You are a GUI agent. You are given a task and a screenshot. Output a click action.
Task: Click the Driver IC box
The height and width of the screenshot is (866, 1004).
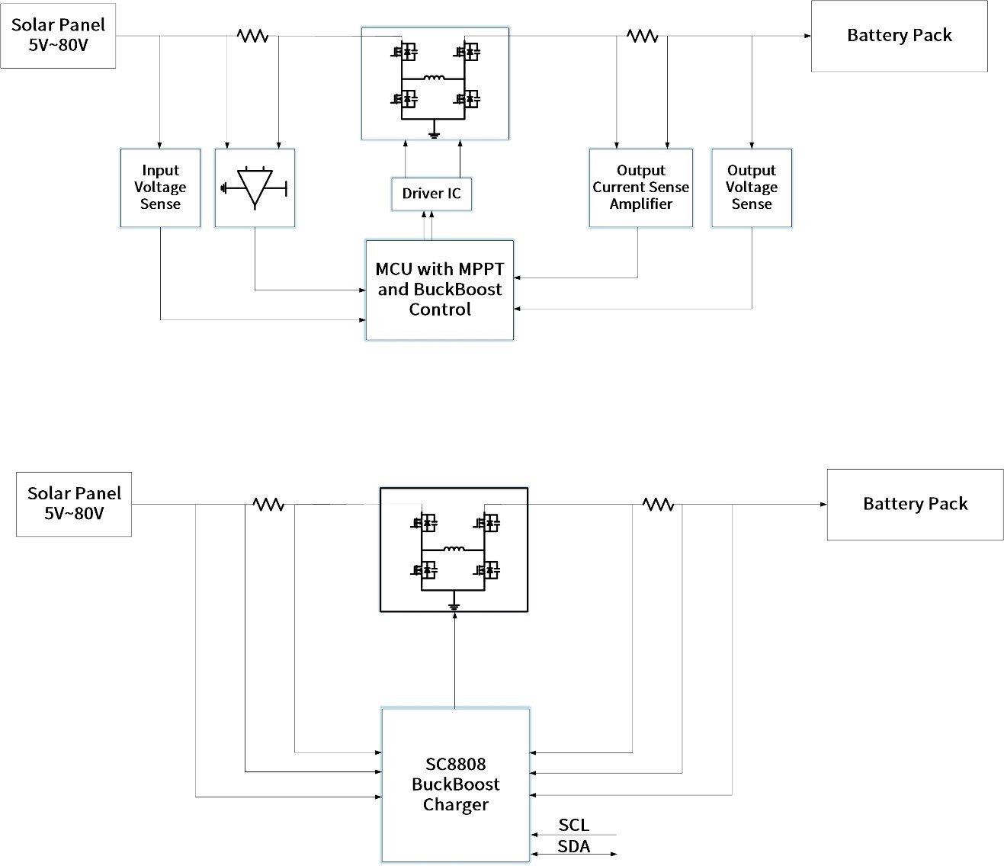tap(431, 194)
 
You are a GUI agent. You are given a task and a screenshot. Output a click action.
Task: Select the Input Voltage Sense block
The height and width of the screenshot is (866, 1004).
tap(160, 188)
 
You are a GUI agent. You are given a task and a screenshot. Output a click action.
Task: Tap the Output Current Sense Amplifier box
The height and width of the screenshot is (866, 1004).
tap(640, 188)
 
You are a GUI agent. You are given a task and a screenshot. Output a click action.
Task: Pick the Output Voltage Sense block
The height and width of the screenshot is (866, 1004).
tap(751, 188)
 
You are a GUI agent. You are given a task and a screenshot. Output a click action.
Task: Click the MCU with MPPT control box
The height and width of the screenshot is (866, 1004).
tap(440, 290)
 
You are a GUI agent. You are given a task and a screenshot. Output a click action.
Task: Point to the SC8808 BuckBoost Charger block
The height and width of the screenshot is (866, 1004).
tap(455, 784)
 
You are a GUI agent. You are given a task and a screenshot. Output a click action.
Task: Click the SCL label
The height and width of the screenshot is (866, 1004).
tap(573, 825)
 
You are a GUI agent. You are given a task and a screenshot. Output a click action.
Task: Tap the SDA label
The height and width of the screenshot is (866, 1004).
tap(573, 846)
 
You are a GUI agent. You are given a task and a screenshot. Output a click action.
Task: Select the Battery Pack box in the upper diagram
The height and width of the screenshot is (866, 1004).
tap(899, 36)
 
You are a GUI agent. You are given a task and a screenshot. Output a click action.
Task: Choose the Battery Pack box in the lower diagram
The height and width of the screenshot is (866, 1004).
tap(915, 504)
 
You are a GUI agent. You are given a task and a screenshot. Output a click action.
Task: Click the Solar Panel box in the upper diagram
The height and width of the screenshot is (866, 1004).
tap(58, 35)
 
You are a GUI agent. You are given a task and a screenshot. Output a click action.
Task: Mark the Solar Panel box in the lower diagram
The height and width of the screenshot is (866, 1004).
tap(74, 503)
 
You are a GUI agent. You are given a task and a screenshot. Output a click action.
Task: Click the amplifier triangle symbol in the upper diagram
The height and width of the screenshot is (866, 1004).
tap(255, 187)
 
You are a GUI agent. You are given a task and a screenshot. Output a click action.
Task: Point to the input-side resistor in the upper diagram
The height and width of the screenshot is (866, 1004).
tap(252, 36)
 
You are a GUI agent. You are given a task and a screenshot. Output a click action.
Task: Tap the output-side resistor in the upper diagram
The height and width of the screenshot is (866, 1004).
tap(642, 36)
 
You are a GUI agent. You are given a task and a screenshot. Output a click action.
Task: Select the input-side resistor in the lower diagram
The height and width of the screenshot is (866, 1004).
tap(268, 504)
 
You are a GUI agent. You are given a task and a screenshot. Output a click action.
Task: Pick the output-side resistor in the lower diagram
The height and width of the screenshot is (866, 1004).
tap(658, 504)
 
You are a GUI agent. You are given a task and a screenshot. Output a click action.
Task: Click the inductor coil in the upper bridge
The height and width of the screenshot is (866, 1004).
tap(434, 77)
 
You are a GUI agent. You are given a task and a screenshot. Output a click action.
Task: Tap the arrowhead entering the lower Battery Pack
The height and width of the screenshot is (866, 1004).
tap(823, 504)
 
